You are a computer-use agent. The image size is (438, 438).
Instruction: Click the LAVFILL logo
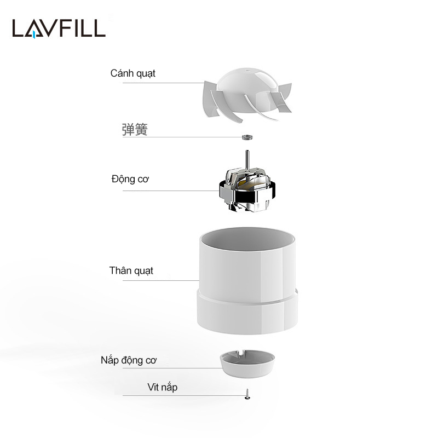pyautogui.click(x=59, y=28)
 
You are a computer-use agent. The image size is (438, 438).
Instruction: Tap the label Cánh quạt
pyautogui.click(x=132, y=73)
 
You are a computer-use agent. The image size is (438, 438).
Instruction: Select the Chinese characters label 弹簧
pyautogui.click(x=135, y=130)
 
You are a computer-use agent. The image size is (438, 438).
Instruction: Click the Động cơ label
pyautogui.click(x=130, y=179)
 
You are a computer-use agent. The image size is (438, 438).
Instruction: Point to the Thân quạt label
pyautogui.click(x=131, y=270)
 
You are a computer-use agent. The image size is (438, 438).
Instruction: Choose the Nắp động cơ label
pyautogui.click(x=129, y=360)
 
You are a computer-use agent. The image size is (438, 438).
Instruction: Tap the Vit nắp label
pyautogui.click(x=162, y=387)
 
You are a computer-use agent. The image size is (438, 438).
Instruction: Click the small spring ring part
pyautogui.click(x=247, y=137)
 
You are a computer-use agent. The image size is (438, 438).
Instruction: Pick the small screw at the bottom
pyautogui.click(x=247, y=394)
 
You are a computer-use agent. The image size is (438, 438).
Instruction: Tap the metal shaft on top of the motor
pyautogui.click(x=247, y=160)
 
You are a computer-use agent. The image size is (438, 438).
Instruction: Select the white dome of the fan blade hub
pyautogui.click(x=247, y=84)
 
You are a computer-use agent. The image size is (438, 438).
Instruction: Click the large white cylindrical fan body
pyautogui.click(x=247, y=281)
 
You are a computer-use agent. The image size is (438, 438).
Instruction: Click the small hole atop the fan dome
pyautogui.click(x=247, y=70)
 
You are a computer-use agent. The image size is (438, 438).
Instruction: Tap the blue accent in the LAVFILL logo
pyautogui.click(x=33, y=34)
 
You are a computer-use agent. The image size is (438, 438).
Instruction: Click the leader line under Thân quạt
pyautogui.click(x=161, y=280)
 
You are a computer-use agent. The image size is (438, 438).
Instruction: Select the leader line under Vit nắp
pyautogui.click(x=184, y=395)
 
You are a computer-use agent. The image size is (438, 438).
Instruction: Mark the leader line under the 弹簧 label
pyautogui.click(x=182, y=137)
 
